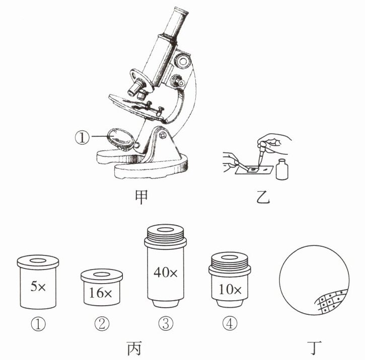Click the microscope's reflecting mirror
(x=121, y=139)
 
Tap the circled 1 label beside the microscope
(x=82, y=137)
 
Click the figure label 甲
(x=141, y=197)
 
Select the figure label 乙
(x=263, y=197)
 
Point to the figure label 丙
(x=134, y=348)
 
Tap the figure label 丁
(x=314, y=348)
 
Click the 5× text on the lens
(x=38, y=286)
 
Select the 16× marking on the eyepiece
(x=100, y=293)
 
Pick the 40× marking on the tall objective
(x=165, y=272)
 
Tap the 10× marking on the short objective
(x=230, y=289)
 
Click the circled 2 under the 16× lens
(x=102, y=323)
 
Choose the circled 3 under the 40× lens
(x=166, y=323)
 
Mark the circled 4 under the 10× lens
(x=230, y=323)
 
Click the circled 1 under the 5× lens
(x=38, y=324)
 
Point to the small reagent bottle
(x=282, y=169)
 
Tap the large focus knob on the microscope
(x=183, y=61)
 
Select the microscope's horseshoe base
(x=142, y=164)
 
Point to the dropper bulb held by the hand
(x=263, y=145)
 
